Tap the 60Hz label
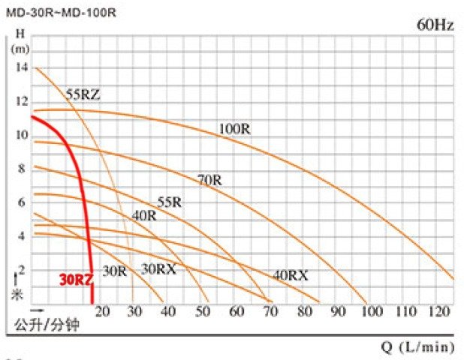435,25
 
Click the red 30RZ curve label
75,280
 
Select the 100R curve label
234,129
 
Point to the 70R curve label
209,180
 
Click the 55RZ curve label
83,94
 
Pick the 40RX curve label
290,275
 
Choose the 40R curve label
143,215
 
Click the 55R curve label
170,202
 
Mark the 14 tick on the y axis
20,67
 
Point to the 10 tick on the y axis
20,135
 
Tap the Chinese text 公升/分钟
47,325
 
